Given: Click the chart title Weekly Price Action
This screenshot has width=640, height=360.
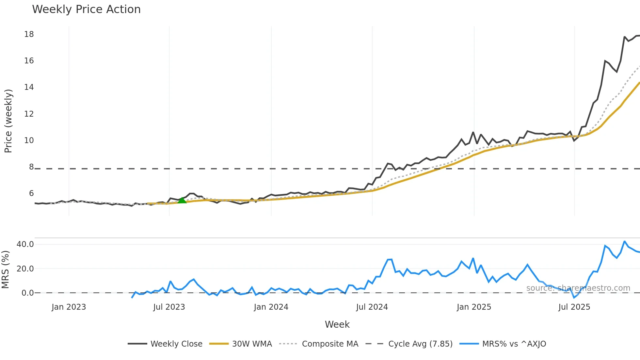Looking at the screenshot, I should pos(86,9).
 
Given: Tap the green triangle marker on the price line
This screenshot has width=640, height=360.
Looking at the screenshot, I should pos(182,200).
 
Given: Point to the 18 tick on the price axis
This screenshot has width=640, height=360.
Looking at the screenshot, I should pos(29,34).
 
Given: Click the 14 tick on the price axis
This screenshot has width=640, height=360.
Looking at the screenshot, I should pos(29,87).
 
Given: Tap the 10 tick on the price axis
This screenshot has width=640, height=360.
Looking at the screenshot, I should pos(29,140).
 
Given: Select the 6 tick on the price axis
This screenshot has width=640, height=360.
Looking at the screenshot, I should pos(31,193).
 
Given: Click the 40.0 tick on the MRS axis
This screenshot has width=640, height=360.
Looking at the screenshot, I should pos(25,244).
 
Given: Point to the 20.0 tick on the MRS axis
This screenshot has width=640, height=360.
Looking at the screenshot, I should pos(25,269).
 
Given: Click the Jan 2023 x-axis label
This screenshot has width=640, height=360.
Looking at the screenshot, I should pos(69,307).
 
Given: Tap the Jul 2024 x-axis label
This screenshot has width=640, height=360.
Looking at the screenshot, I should pos(372,307).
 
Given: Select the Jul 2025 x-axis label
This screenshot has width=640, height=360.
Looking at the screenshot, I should pos(574,307).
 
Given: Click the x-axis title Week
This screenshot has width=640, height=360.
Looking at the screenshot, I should pos(337,324).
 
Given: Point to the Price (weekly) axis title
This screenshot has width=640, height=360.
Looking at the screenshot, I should pos(8,121).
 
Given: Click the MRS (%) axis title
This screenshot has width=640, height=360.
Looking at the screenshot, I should pos(5,270).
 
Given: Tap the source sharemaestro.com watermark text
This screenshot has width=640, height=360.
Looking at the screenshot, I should pos(578,288).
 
